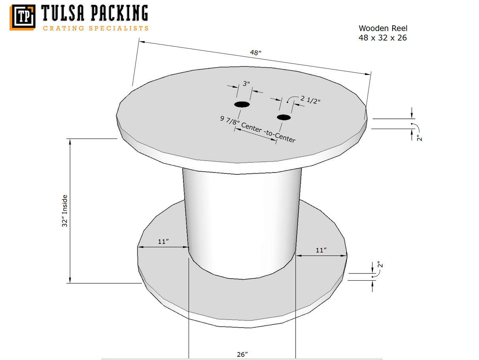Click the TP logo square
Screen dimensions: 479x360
(x=22, y=17)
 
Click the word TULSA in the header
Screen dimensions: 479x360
(x=63, y=13)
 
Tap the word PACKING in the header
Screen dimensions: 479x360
(x=120, y=13)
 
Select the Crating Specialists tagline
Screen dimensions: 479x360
(x=95, y=28)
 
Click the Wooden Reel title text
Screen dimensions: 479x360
(x=383, y=28)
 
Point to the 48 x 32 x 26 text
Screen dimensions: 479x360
(x=383, y=38)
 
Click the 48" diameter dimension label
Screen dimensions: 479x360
(x=256, y=52)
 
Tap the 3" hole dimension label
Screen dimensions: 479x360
(x=246, y=83)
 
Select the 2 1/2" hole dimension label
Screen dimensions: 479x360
(x=310, y=99)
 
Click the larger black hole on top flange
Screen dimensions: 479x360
(x=242, y=104)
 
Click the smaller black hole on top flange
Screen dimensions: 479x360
(x=284, y=118)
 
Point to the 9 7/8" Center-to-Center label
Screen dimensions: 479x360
(x=258, y=129)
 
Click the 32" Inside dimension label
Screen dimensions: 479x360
(x=65, y=211)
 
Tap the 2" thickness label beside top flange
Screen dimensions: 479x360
(x=419, y=138)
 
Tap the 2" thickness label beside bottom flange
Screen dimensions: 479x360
(x=380, y=264)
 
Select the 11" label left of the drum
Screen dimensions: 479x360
(x=163, y=242)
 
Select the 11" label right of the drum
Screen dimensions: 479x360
(x=321, y=250)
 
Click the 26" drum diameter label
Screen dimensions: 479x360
(x=242, y=354)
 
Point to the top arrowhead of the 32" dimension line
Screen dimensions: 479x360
(x=70, y=142)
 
